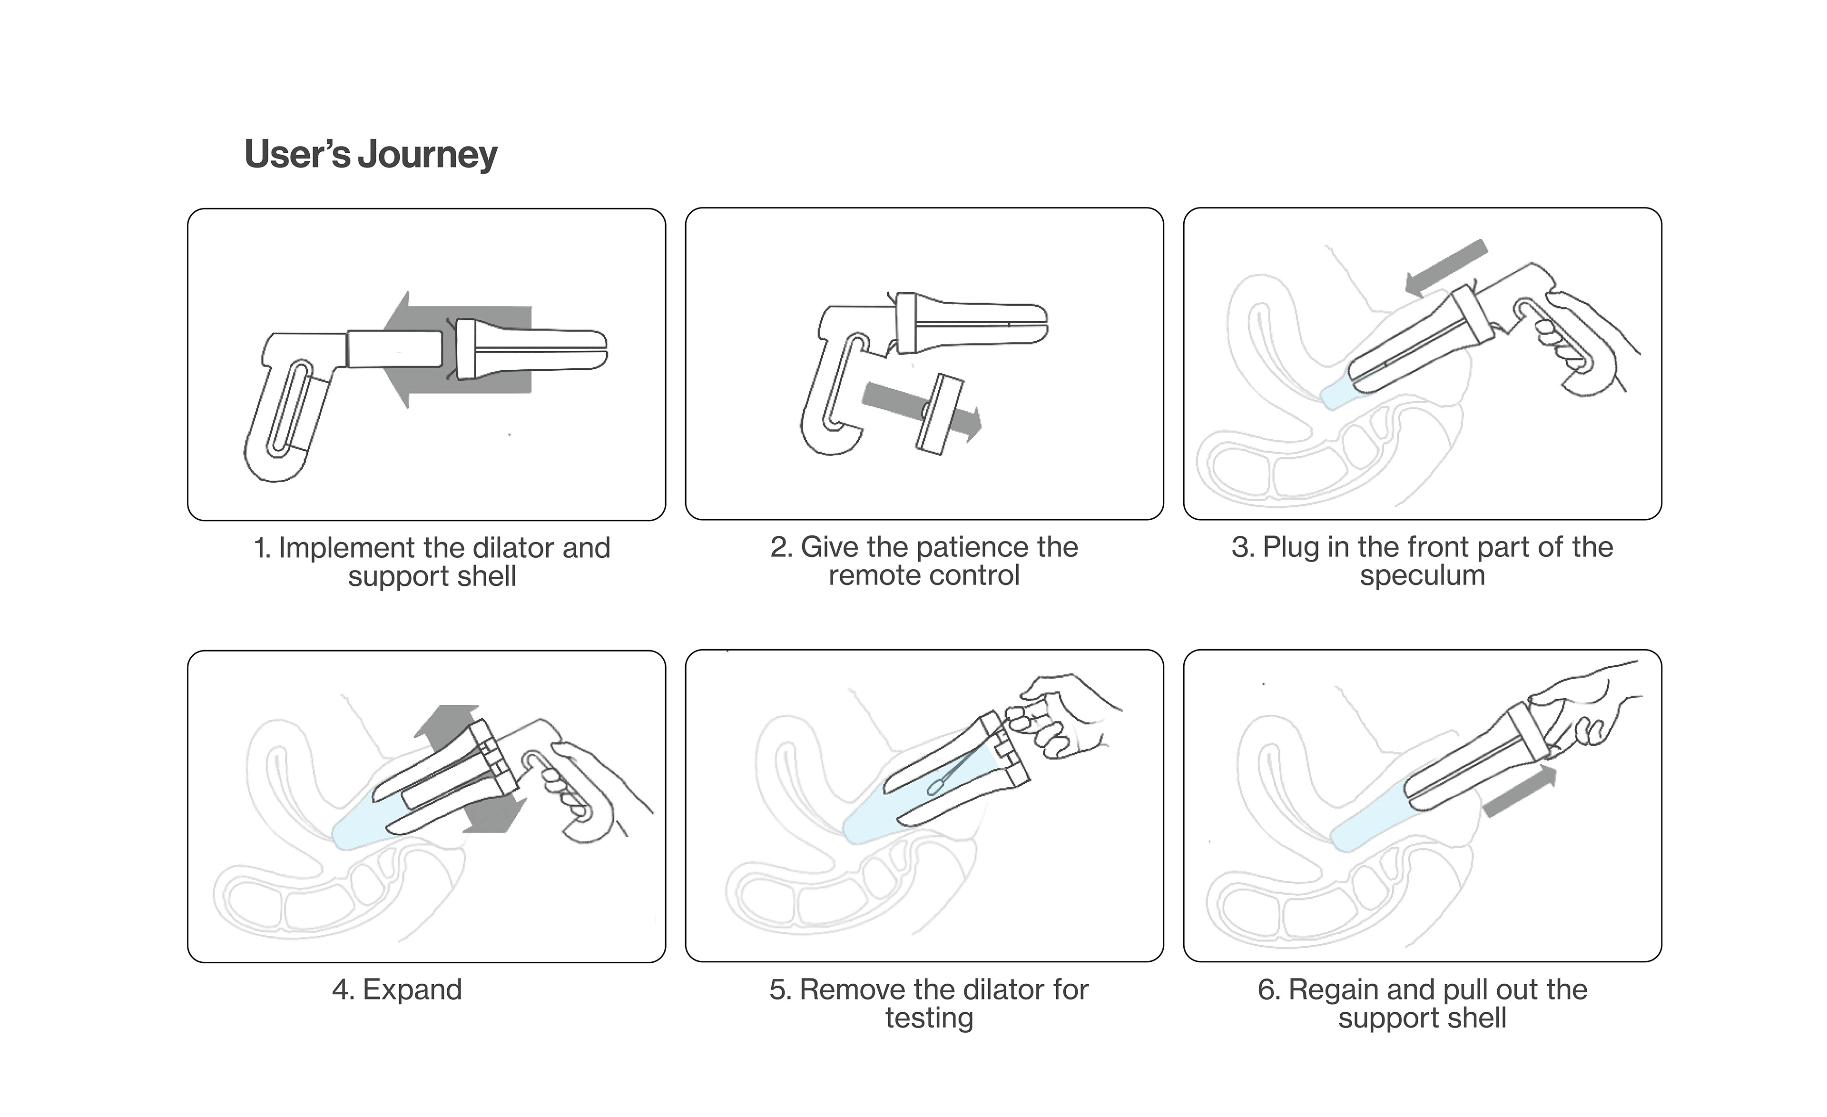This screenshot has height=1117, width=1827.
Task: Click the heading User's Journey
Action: point(371,154)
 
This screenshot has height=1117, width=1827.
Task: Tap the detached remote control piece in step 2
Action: point(939,414)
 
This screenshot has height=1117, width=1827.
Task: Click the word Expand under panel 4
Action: point(412,989)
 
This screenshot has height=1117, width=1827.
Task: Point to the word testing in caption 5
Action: point(929,1018)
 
